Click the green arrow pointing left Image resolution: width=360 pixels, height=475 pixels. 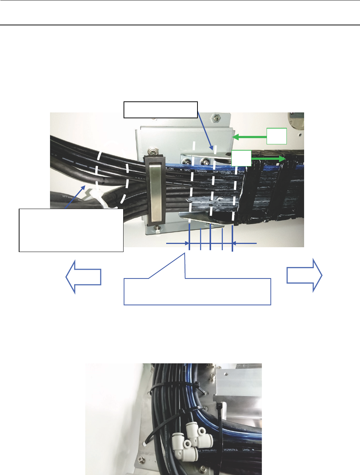click(250, 137)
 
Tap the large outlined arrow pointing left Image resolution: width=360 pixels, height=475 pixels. click(83, 277)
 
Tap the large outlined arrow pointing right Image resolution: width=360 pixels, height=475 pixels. click(304, 275)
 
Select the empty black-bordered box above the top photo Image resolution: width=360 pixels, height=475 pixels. click(160, 109)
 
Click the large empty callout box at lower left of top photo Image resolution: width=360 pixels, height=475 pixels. click(71, 230)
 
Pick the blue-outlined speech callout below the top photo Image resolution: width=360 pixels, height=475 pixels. click(197, 291)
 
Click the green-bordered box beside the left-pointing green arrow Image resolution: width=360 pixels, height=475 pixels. click(277, 136)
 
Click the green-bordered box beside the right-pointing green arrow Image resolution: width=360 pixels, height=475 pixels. click(241, 158)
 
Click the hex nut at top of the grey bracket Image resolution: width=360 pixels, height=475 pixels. click(213, 119)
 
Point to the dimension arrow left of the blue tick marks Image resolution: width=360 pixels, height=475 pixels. click(177, 243)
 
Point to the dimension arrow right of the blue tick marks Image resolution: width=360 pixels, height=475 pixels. click(245, 243)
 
